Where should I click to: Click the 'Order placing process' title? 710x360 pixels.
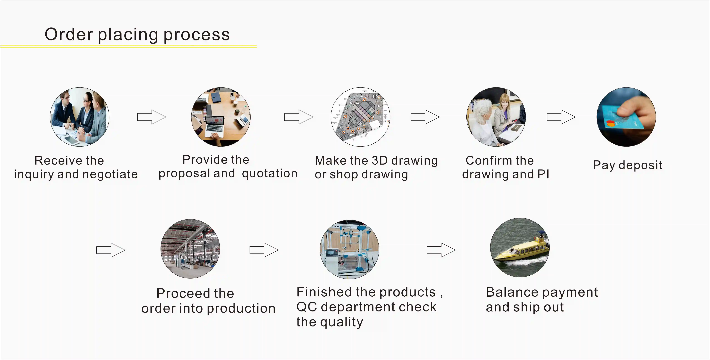pos(137,35)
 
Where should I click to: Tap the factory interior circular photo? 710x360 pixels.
pos(190,249)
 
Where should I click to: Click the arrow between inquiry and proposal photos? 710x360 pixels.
pos(152,117)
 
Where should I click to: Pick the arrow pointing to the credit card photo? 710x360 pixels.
pos(561,117)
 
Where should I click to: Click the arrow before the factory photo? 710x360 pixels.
pos(111,250)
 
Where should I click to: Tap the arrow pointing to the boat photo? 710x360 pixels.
pos(441,250)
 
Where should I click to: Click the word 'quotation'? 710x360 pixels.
pos(270,173)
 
